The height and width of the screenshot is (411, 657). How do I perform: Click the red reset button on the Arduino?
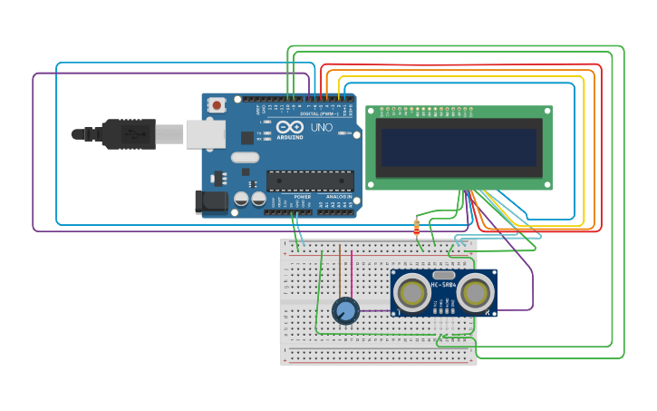(x=217, y=105)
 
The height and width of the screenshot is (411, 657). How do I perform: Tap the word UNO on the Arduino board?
(x=321, y=128)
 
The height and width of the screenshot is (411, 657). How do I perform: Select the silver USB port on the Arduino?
(x=205, y=134)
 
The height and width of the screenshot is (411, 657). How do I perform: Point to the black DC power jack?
(x=210, y=201)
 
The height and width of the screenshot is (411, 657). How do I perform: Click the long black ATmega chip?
(x=310, y=181)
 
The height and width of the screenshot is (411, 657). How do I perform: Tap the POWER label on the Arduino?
(x=303, y=197)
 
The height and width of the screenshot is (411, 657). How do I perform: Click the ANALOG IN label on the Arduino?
(x=339, y=197)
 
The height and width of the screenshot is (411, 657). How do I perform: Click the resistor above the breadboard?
(x=417, y=228)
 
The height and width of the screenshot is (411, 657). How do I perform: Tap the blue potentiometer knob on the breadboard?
(x=345, y=311)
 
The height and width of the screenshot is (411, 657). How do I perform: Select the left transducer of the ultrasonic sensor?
(x=412, y=293)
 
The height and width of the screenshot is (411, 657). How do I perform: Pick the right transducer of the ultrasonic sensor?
(x=475, y=293)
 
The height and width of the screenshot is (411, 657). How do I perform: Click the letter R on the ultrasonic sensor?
(x=488, y=313)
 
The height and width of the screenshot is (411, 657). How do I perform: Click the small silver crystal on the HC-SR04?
(x=444, y=274)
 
